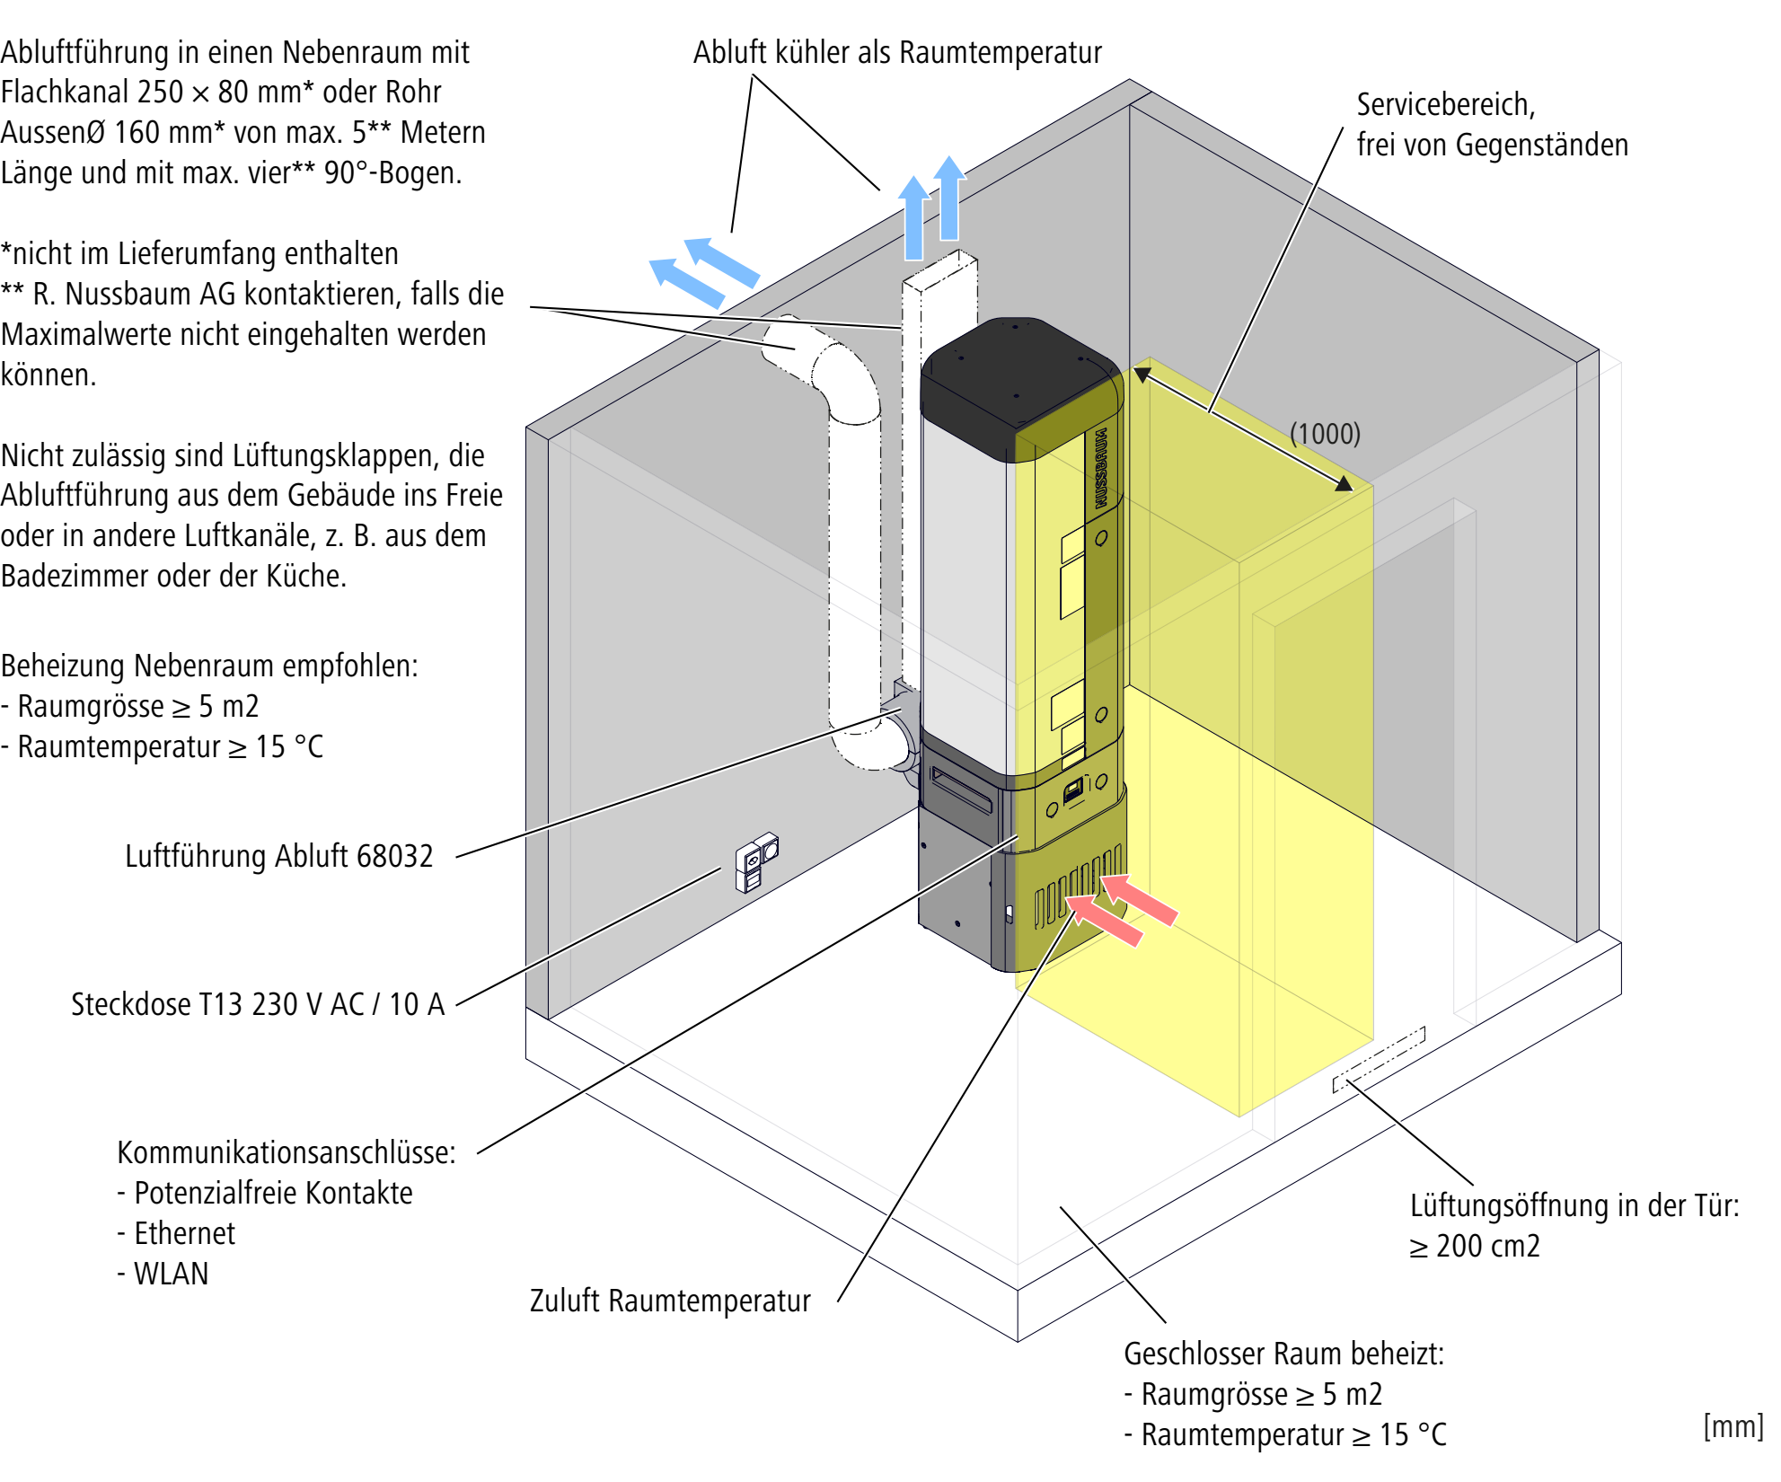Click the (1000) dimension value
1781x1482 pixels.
1325,434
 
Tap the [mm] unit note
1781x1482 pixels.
1733,1425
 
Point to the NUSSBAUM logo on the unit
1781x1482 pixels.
1101,468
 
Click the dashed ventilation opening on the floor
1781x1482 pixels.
1379,1059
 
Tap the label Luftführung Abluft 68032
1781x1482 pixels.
279,856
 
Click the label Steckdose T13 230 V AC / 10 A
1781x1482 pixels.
258,1003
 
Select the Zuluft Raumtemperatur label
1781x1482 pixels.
670,1300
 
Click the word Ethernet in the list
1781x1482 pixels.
184,1233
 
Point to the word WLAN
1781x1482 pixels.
171,1274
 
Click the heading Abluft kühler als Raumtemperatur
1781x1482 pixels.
897,52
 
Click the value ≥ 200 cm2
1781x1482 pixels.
1474,1246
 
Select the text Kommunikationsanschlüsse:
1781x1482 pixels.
287,1152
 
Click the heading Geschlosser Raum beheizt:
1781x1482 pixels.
1284,1353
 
